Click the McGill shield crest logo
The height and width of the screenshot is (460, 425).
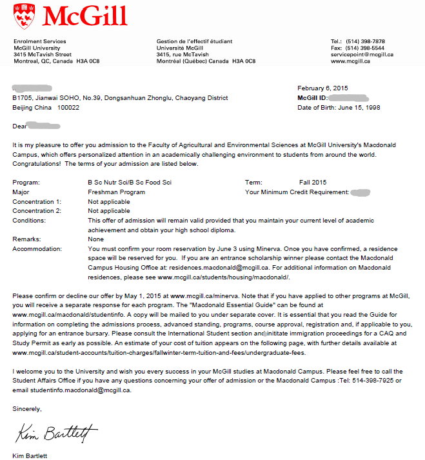point(24,16)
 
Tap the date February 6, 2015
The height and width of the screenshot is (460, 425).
point(322,88)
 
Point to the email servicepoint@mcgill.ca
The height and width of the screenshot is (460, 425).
point(361,55)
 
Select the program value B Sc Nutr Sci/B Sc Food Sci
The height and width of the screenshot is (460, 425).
point(130,183)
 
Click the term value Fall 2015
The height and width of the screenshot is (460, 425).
point(313,183)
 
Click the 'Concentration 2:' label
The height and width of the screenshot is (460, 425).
point(37,211)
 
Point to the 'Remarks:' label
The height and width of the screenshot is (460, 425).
point(26,239)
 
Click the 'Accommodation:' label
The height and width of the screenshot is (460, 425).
point(37,248)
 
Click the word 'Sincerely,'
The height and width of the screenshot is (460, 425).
point(27,409)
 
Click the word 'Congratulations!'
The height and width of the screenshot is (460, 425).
point(37,164)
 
